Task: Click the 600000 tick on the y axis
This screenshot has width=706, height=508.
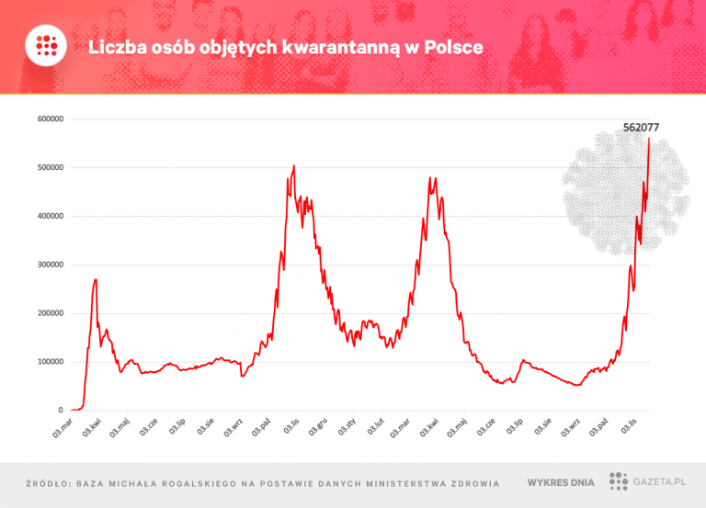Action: point(48,119)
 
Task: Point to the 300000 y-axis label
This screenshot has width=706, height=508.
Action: point(48,265)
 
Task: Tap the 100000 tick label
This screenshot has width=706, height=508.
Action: point(48,362)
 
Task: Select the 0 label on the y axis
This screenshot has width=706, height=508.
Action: point(60,411)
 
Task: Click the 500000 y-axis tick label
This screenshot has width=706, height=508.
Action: point(48,168)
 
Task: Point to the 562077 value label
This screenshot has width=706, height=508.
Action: point(641,129)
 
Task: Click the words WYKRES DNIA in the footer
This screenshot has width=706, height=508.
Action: point(560,482)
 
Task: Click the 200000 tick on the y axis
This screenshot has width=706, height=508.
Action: point(48,313)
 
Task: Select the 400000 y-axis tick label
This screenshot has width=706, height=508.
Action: point(48,216)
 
